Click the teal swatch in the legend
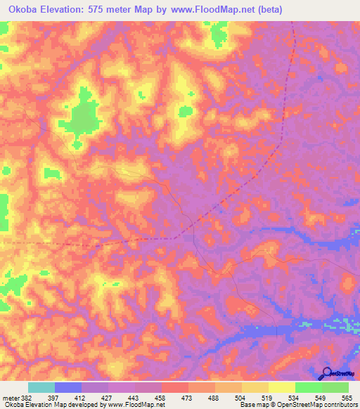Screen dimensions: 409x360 point(41,388)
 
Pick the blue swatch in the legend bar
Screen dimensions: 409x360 point(68,388)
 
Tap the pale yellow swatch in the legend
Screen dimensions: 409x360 point(281,388)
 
